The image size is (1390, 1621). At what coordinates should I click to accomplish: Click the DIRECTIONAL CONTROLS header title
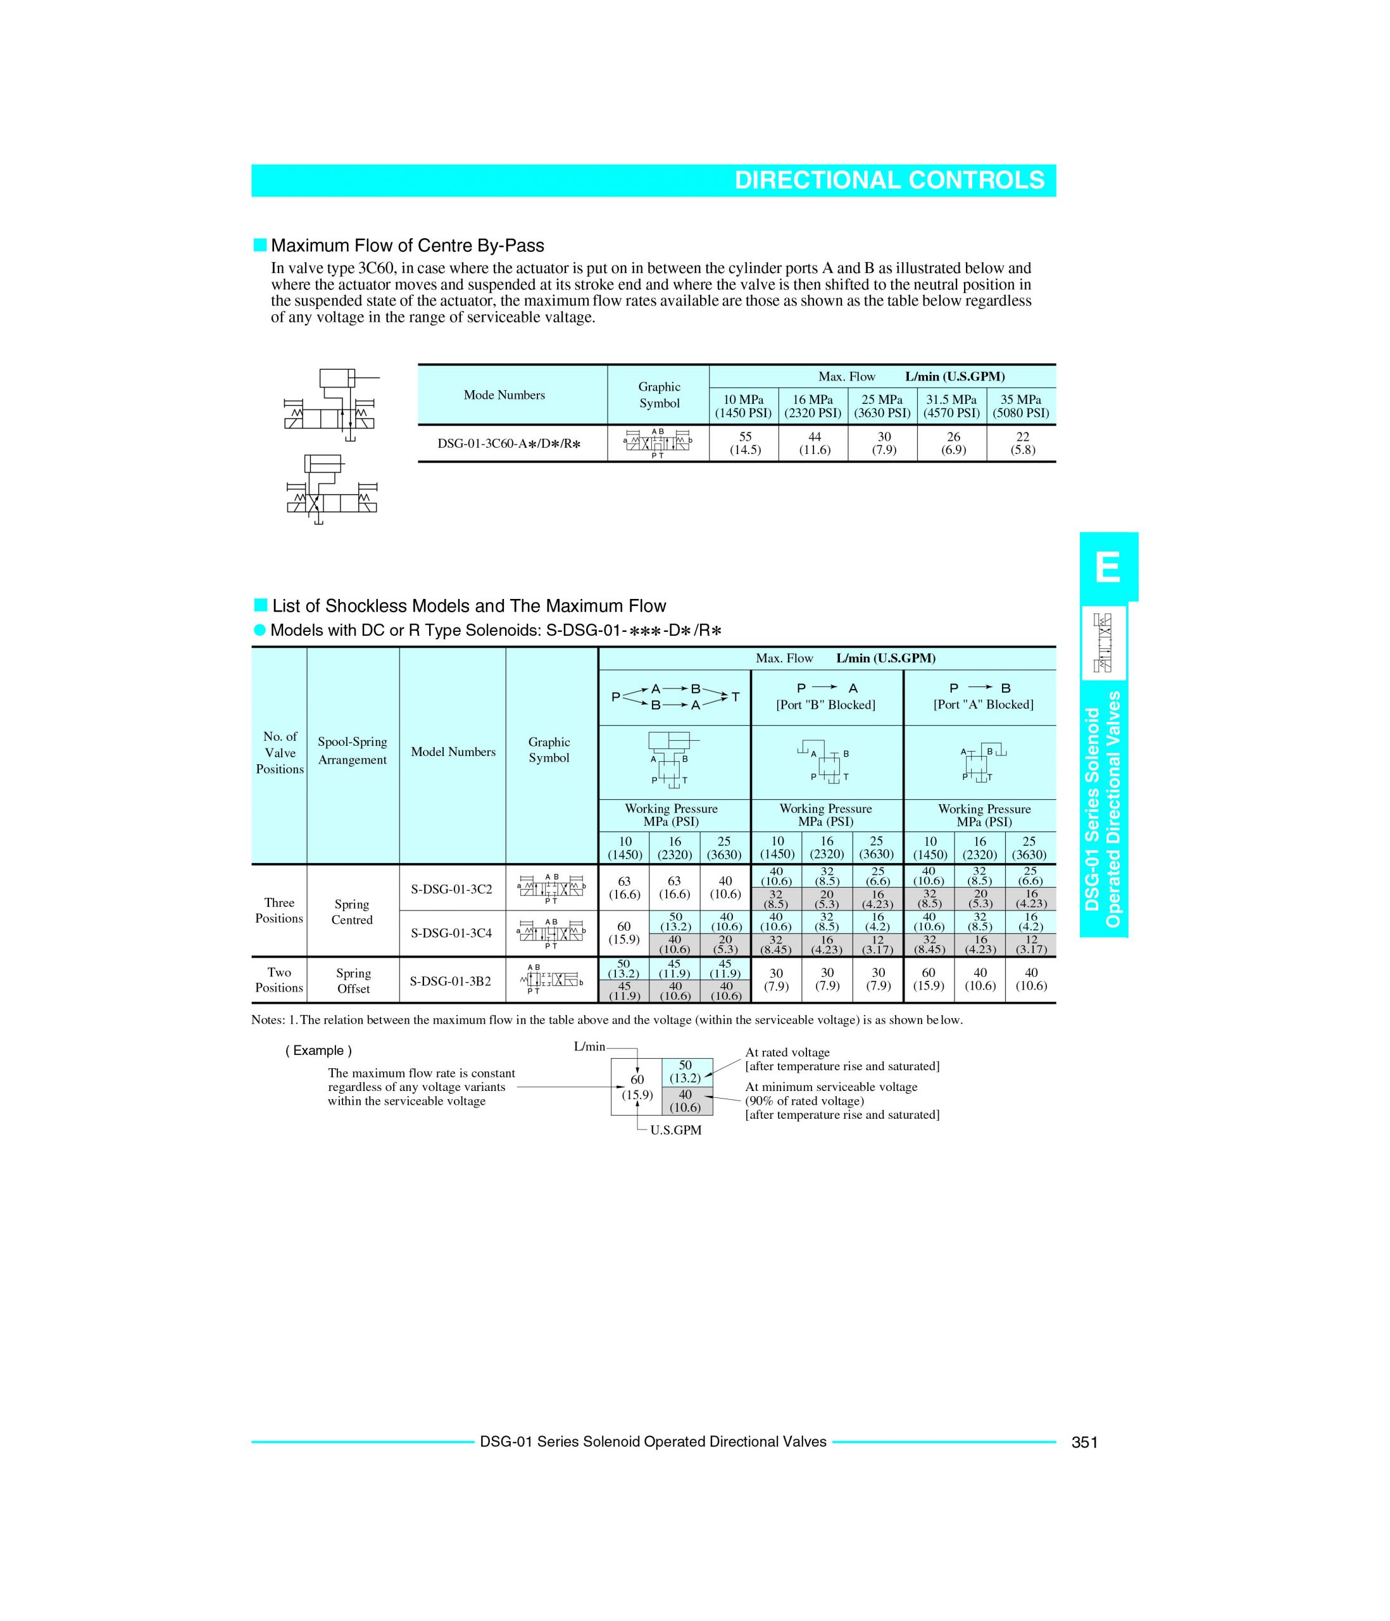[889, 180]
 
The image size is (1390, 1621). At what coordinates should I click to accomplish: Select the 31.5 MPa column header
[952, 406]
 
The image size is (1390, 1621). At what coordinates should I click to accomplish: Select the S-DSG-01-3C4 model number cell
[452, 933]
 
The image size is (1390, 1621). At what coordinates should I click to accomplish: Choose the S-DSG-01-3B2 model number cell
[451, 980]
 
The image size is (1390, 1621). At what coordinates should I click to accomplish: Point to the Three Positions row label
[279, 911]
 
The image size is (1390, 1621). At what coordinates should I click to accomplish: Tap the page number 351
[1084, 1442]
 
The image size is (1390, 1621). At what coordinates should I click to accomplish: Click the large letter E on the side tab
[1108, 567]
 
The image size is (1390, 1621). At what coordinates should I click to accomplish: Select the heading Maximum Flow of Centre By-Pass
[407, 246]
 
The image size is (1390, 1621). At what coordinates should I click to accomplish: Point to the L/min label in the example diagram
[589, 1047]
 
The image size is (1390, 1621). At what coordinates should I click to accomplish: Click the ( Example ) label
[318, 1050]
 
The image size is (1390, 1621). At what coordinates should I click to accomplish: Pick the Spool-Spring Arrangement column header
[353, 751]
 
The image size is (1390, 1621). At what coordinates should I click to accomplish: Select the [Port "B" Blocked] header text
[826, 705]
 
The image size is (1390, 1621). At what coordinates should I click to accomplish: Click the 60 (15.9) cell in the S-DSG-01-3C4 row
[623, 933]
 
